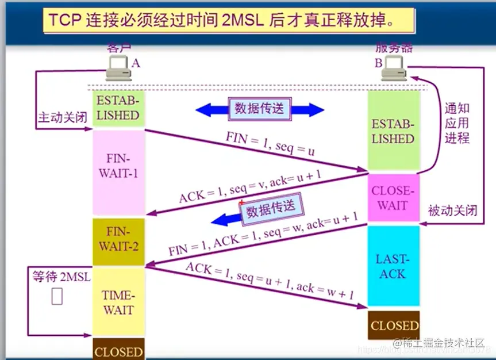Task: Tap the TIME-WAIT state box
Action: point(118,302)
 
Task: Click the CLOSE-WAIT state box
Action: point(394,198)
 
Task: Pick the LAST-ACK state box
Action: point(394,266)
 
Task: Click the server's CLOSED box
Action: point(394,325)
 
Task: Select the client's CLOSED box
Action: point(118,351)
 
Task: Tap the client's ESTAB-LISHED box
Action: point(118,108)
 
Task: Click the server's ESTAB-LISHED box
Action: point(394,132)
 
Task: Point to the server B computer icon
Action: point(396,68)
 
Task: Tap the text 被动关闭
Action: point(452,210)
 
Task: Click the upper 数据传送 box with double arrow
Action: point(259,109)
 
